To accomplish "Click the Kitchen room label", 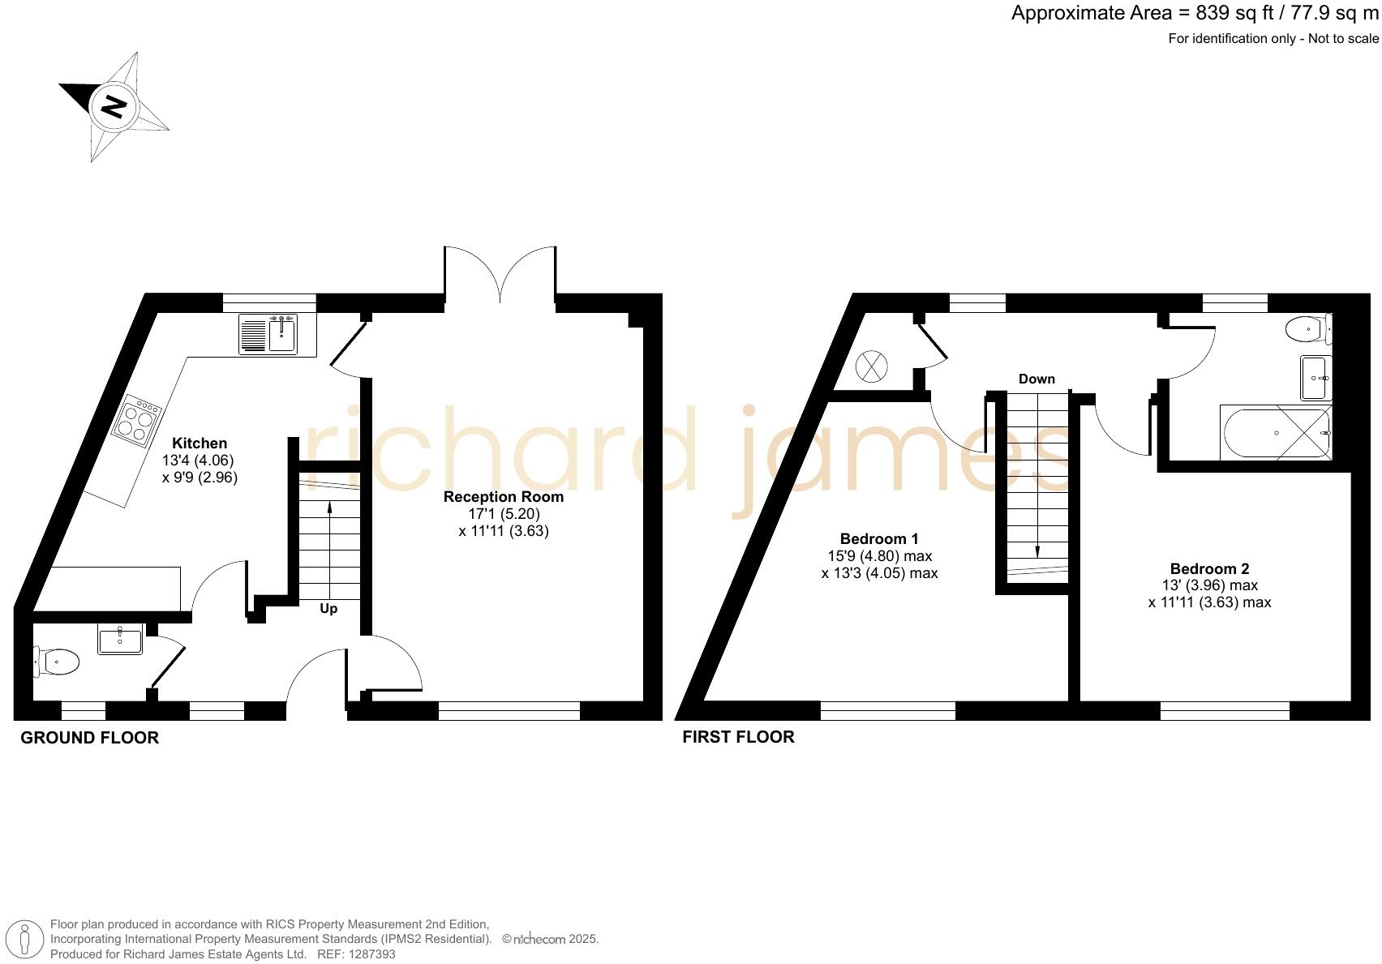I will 200,443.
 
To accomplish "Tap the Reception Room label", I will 503,497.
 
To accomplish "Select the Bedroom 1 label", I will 879,539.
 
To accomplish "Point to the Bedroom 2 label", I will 1209,569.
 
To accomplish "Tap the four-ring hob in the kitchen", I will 135,422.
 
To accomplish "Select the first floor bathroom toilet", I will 1307,330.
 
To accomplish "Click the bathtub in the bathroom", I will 1275,433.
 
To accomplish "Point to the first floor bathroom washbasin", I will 1315,378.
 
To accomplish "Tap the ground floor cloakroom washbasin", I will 120,639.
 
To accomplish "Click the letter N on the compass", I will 114,106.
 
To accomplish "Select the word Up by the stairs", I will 328,609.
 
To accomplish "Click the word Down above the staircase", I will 1036,379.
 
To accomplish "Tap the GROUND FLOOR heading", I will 89,738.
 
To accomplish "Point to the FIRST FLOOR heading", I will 738,737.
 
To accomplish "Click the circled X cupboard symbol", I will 872,366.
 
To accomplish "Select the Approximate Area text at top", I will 1194,14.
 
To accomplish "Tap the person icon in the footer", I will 26,940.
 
